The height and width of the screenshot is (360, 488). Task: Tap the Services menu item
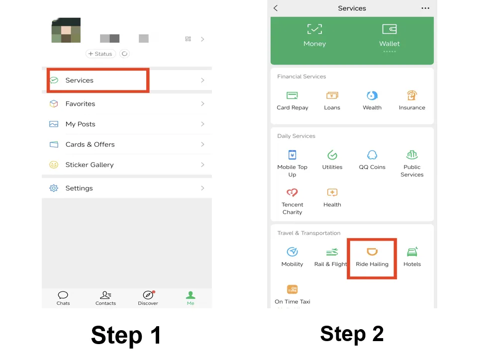coord(80,80)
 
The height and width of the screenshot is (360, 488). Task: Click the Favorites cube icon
coord(54,104)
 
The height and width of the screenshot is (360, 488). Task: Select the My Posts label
coord(80,124)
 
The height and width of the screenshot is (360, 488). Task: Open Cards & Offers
coord(90,145)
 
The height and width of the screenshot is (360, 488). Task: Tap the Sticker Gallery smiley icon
coord(54,165)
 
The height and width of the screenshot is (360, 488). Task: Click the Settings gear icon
coord(54,188)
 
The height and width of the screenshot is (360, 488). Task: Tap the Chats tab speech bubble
coord(63,295)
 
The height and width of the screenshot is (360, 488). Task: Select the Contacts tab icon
coord(105,295)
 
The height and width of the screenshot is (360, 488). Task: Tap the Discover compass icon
coord(148,295)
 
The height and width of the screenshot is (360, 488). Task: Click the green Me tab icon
coord(191,295)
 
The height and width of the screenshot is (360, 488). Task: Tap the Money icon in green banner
coord(314,29)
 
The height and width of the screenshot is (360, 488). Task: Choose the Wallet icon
coord(390,29)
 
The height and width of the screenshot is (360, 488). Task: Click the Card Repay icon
coord(293,95)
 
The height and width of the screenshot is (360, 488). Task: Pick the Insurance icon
coord(412,95)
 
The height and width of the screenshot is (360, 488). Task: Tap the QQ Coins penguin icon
coord(372,155)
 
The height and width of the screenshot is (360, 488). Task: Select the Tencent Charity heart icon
coord(293,192)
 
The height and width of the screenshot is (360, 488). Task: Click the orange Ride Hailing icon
coord(372,252)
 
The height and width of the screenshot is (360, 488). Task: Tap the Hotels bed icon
coord(412,252)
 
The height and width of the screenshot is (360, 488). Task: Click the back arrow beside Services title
coord(276,8)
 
